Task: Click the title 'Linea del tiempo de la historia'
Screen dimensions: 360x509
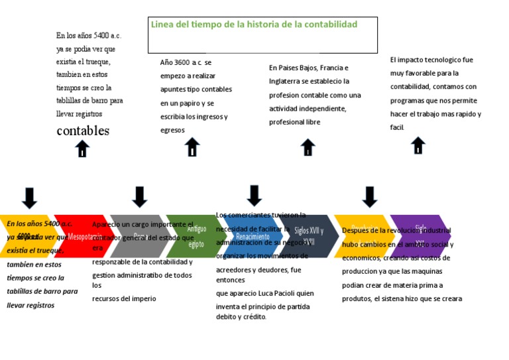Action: click(254, 25)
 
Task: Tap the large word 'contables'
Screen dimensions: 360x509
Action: click(83, 131)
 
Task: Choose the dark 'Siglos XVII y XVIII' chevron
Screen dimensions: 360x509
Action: click(306, 236)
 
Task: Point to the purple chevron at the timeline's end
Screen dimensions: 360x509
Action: click(420, 236)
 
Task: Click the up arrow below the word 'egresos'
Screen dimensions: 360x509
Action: click(192, 147)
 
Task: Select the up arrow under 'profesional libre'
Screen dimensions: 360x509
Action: click(308, 147)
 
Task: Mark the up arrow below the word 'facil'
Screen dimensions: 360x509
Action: click(418, 145)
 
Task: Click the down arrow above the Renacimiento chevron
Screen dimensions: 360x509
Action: click(254, 195)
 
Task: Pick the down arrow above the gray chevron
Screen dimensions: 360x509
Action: click(139, 196)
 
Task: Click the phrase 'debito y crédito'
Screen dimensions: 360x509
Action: click(241, 317)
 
